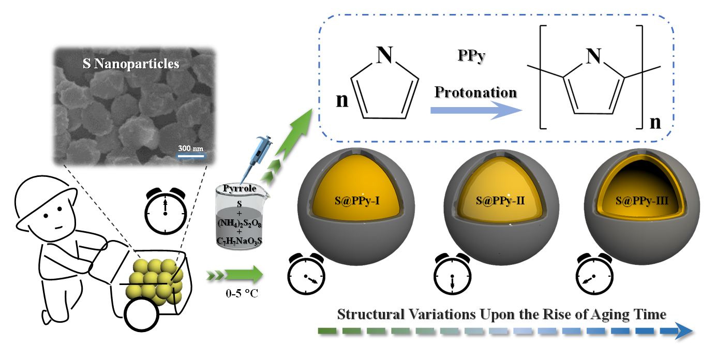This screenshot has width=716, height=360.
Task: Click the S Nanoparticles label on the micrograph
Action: [131, 64]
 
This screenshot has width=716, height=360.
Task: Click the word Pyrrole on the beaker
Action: [239, 189]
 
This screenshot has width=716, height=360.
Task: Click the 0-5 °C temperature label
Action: [237, 294]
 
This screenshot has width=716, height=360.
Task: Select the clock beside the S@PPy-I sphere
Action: [305, 276]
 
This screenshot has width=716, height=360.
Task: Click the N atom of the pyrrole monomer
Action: [383, 56]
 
